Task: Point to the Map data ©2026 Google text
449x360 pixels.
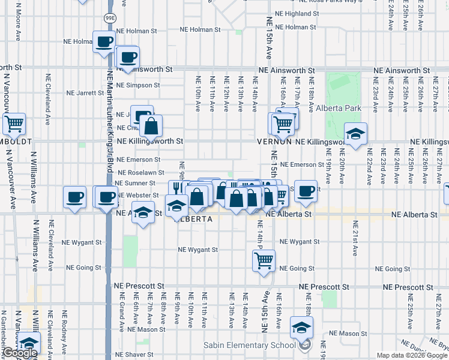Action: (412, 355)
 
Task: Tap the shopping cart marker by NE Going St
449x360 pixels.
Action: (264, 261)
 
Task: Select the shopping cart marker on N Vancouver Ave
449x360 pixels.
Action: (14, 124)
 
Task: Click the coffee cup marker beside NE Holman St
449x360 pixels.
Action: (104, 42)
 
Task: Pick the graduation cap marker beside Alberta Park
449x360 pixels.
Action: (355, 133)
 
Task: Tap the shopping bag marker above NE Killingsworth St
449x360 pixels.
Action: (152, 126)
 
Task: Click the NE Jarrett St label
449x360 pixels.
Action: (85, 93)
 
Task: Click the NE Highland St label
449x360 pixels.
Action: (298, 13)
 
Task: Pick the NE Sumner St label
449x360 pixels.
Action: (135, 183)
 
